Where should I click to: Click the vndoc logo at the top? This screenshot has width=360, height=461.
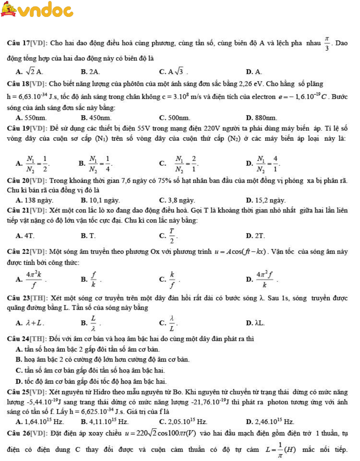(37, 10)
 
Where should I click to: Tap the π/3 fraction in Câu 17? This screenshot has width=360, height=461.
(327, 43)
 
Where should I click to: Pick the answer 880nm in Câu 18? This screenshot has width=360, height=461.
(265, 118)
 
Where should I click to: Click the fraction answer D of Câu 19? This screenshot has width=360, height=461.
(267, 164)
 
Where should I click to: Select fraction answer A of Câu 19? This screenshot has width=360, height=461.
(36, 164)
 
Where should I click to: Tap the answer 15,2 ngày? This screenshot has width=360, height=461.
(270, 201)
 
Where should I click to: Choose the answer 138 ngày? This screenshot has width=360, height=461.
(39, 201)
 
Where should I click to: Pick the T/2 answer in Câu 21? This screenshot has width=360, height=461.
(172, 236)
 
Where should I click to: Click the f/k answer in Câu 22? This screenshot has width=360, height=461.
(93, 280)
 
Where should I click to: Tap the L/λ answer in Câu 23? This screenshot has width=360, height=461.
(93, 323)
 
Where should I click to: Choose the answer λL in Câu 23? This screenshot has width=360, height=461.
(259, 323)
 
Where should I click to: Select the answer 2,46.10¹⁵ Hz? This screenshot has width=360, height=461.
(274, 422)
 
